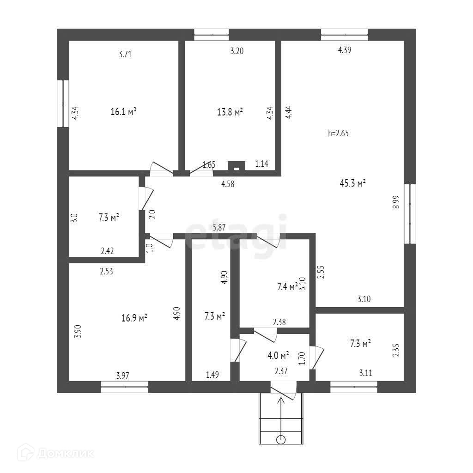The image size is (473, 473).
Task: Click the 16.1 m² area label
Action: tap(123, 111)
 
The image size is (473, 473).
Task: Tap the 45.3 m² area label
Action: tap(352, 183)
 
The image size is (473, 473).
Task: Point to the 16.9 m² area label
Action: tap(134, 318)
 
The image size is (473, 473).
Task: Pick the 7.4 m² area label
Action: tap(287, 287)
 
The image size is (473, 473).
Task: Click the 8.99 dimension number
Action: tap(396, 202)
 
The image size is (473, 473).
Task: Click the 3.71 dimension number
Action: tap(125, 54)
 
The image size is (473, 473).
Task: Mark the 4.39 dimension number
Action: tap(345, 51)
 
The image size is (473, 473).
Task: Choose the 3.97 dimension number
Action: tap(122, 376)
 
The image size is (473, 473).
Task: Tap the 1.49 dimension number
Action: tap(212, 376)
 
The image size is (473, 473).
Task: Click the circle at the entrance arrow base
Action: tap(280, 439)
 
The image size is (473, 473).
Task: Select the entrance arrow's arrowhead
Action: tap(280, 400)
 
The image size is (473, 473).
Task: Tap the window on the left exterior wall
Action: tap(63, 103)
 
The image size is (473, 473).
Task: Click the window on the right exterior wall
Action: tap(410, 213)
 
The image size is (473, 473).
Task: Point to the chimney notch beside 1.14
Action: tap(236, 167)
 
